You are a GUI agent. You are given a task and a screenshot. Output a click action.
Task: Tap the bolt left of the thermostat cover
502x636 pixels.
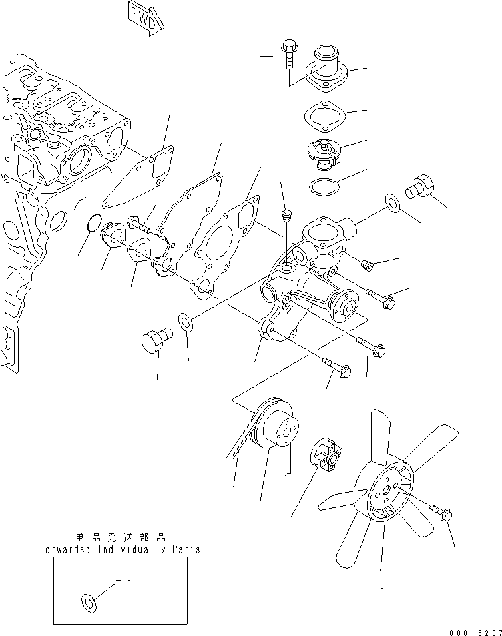pos(290,53)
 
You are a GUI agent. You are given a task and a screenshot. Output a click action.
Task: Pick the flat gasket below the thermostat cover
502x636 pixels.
pos(323,113)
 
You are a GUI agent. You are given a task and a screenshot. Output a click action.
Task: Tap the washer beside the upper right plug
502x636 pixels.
pos(392,202)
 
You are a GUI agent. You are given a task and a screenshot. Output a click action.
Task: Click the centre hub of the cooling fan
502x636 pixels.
pos(386,493)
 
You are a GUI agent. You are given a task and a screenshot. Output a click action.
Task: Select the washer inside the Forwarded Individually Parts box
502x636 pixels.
pos(87,602)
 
